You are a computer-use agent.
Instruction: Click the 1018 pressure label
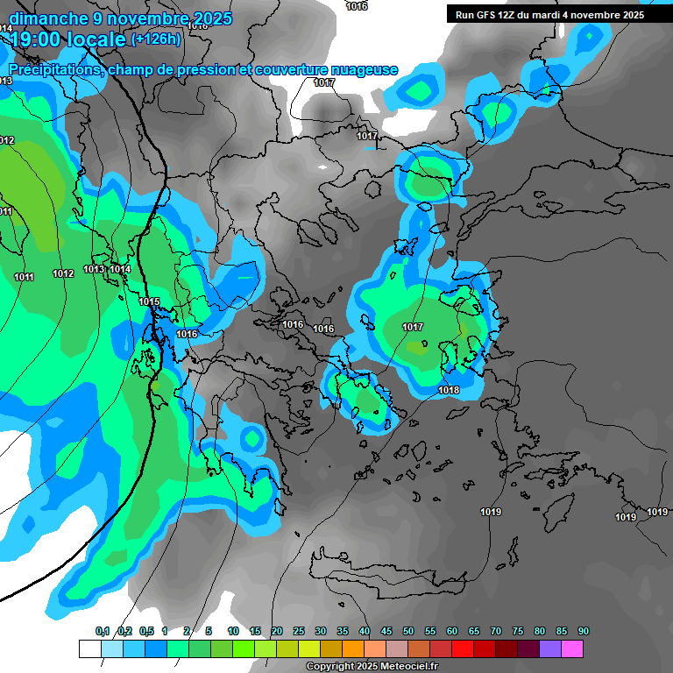pos(449,390)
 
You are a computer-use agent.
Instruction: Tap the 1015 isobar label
pos(149,302)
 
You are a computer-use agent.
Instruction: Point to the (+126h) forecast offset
pos(155,39)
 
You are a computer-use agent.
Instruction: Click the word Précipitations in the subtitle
pos(53,69)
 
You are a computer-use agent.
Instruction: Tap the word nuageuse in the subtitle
pos(363,69)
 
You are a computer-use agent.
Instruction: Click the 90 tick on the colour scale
pos(584,631)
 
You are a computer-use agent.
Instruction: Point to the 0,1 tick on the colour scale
pos(102,631)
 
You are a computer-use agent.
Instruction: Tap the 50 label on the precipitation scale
pos(408,631)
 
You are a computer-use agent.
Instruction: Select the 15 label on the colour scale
pos(255,631)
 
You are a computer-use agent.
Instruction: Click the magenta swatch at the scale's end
pos(572,648)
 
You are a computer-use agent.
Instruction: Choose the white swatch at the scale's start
pos(90,648)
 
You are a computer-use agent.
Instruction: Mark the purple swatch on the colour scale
pos(550,648)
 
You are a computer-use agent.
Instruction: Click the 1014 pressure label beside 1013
pos(121,269)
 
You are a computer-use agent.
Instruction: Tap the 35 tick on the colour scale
pos(343,631)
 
